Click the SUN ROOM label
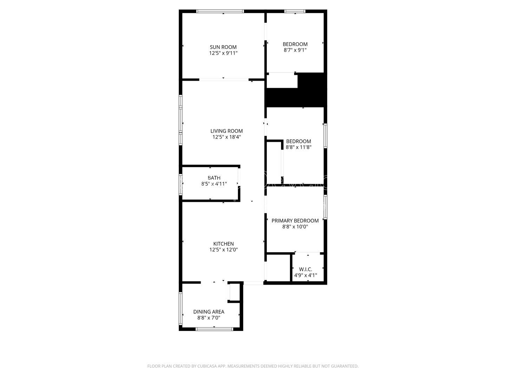point(223,47)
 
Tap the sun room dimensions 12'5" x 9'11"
point(223,53)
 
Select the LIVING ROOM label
point(227,131)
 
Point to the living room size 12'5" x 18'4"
point(227,137)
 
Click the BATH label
point(214,178)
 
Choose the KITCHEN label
point(223,244)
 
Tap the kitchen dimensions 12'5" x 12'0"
point(223,250)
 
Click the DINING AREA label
point(209,312)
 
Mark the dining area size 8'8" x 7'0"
point(209,318)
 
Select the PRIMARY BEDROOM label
point(295,221)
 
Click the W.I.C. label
point(305,269)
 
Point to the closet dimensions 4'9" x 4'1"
point(305,275)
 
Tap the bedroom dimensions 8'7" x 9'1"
point(295,50)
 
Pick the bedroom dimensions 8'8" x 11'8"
point(299,147)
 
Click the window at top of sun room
point(220,11)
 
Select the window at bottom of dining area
point(214,329)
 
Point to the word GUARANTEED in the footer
point(345,366)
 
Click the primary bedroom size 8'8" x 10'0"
point(295,227)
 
